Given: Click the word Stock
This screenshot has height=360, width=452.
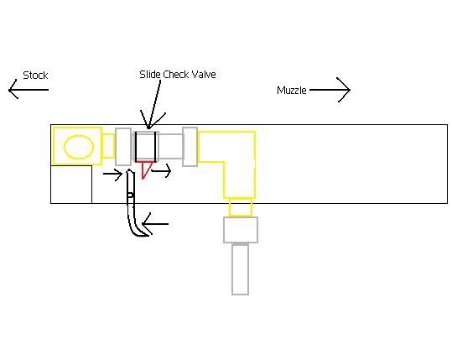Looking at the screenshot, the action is point(35,76).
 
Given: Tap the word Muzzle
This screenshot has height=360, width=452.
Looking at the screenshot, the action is point(292,91).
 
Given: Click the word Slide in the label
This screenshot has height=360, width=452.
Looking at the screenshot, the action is point(150,75).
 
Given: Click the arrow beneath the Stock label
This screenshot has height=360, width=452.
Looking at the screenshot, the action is point(29,90).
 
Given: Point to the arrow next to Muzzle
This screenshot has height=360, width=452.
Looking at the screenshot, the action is point(330,90).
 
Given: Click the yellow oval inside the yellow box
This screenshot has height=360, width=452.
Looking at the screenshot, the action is point(79,147).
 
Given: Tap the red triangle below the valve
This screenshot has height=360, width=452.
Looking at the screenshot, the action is point(145,170).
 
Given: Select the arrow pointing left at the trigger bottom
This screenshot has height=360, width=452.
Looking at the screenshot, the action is point(155,224).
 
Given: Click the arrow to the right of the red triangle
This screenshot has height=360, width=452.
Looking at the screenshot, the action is point(161,171).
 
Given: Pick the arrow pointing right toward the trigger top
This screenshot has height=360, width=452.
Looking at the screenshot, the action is point(113,174).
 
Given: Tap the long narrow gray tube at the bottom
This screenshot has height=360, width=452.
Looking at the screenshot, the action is point(240,269).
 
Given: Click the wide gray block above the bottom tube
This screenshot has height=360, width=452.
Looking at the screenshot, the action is point(241,230).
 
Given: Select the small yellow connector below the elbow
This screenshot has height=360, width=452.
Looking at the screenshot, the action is point(241,207).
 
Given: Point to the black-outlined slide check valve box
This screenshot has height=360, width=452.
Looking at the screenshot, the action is point(146,147).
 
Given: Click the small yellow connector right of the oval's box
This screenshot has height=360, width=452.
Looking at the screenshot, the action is point(109,146).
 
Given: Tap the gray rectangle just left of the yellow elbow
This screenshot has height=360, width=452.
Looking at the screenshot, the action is point(190,147).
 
